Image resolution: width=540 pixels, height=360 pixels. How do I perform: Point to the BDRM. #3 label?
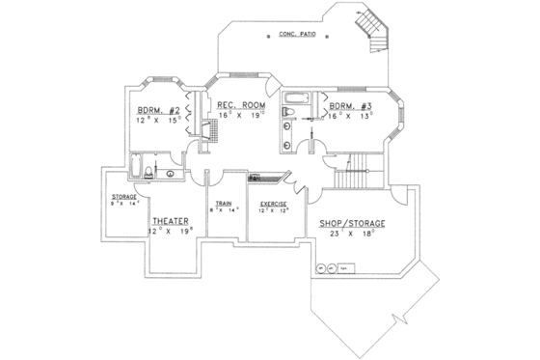pos(346,106)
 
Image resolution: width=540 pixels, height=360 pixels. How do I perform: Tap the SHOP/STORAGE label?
pos(352,223)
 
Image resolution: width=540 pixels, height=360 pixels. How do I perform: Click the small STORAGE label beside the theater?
pos(123,197)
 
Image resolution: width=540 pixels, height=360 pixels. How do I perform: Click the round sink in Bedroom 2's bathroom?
pos(170,174)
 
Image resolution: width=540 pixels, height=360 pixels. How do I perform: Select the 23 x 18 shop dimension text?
pos(352,235)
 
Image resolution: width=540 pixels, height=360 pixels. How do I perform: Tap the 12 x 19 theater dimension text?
pos(170,232)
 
